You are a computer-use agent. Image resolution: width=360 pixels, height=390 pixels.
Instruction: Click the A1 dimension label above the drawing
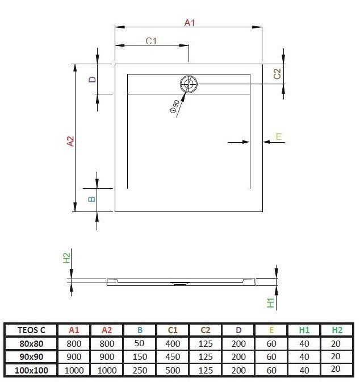pos(190,23)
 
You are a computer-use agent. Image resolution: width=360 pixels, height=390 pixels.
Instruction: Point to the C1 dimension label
pos(151,41)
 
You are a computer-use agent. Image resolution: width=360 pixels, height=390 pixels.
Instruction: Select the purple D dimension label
pos(91,80)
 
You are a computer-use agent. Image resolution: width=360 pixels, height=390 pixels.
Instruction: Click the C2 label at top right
pos(277,73)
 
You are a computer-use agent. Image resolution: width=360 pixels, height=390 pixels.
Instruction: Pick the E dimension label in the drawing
pos(278,136)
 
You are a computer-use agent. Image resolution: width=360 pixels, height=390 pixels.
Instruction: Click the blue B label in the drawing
pos(91,199)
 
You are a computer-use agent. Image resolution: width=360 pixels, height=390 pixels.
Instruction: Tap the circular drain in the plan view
pos(189,85)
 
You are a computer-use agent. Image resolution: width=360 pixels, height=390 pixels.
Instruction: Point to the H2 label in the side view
pos(66,258)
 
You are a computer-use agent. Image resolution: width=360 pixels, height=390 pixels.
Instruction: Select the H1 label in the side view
pos(271,303)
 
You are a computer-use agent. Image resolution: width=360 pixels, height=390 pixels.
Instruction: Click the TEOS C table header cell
pos(28,330)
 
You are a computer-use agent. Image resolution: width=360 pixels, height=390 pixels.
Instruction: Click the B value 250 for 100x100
pos(139,370)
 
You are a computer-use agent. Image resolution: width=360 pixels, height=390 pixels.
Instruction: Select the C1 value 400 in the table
pos(173,343)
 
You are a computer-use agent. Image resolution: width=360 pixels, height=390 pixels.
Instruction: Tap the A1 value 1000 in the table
pos(74,370)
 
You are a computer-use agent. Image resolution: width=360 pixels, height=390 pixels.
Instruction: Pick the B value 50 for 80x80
pos(139,343)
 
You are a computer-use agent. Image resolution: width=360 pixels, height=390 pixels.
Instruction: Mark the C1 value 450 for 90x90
pos(173,357)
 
